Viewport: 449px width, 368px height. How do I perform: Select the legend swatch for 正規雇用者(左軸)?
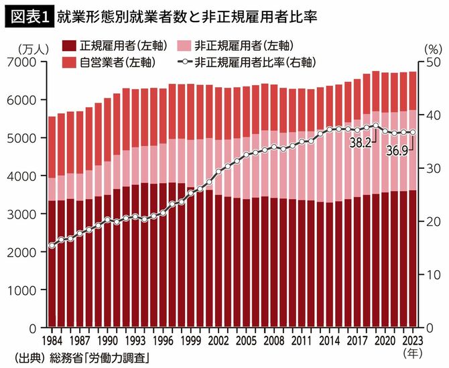tap(68, 46)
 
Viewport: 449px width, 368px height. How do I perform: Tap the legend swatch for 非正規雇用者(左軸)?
tap(184, 46)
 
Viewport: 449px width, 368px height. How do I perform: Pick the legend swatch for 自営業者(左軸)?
tap(68, 62)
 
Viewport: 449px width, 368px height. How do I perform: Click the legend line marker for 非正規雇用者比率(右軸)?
tap(184, 62)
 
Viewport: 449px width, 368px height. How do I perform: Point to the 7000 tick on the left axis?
tap(25, 62)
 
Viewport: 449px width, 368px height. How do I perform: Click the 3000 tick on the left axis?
tap(25, 214)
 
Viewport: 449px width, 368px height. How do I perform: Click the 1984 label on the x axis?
tap(52, 340)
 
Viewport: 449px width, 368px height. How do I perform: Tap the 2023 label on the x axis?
tap(412, 340)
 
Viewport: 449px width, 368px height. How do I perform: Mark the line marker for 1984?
tap(52, 245)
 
